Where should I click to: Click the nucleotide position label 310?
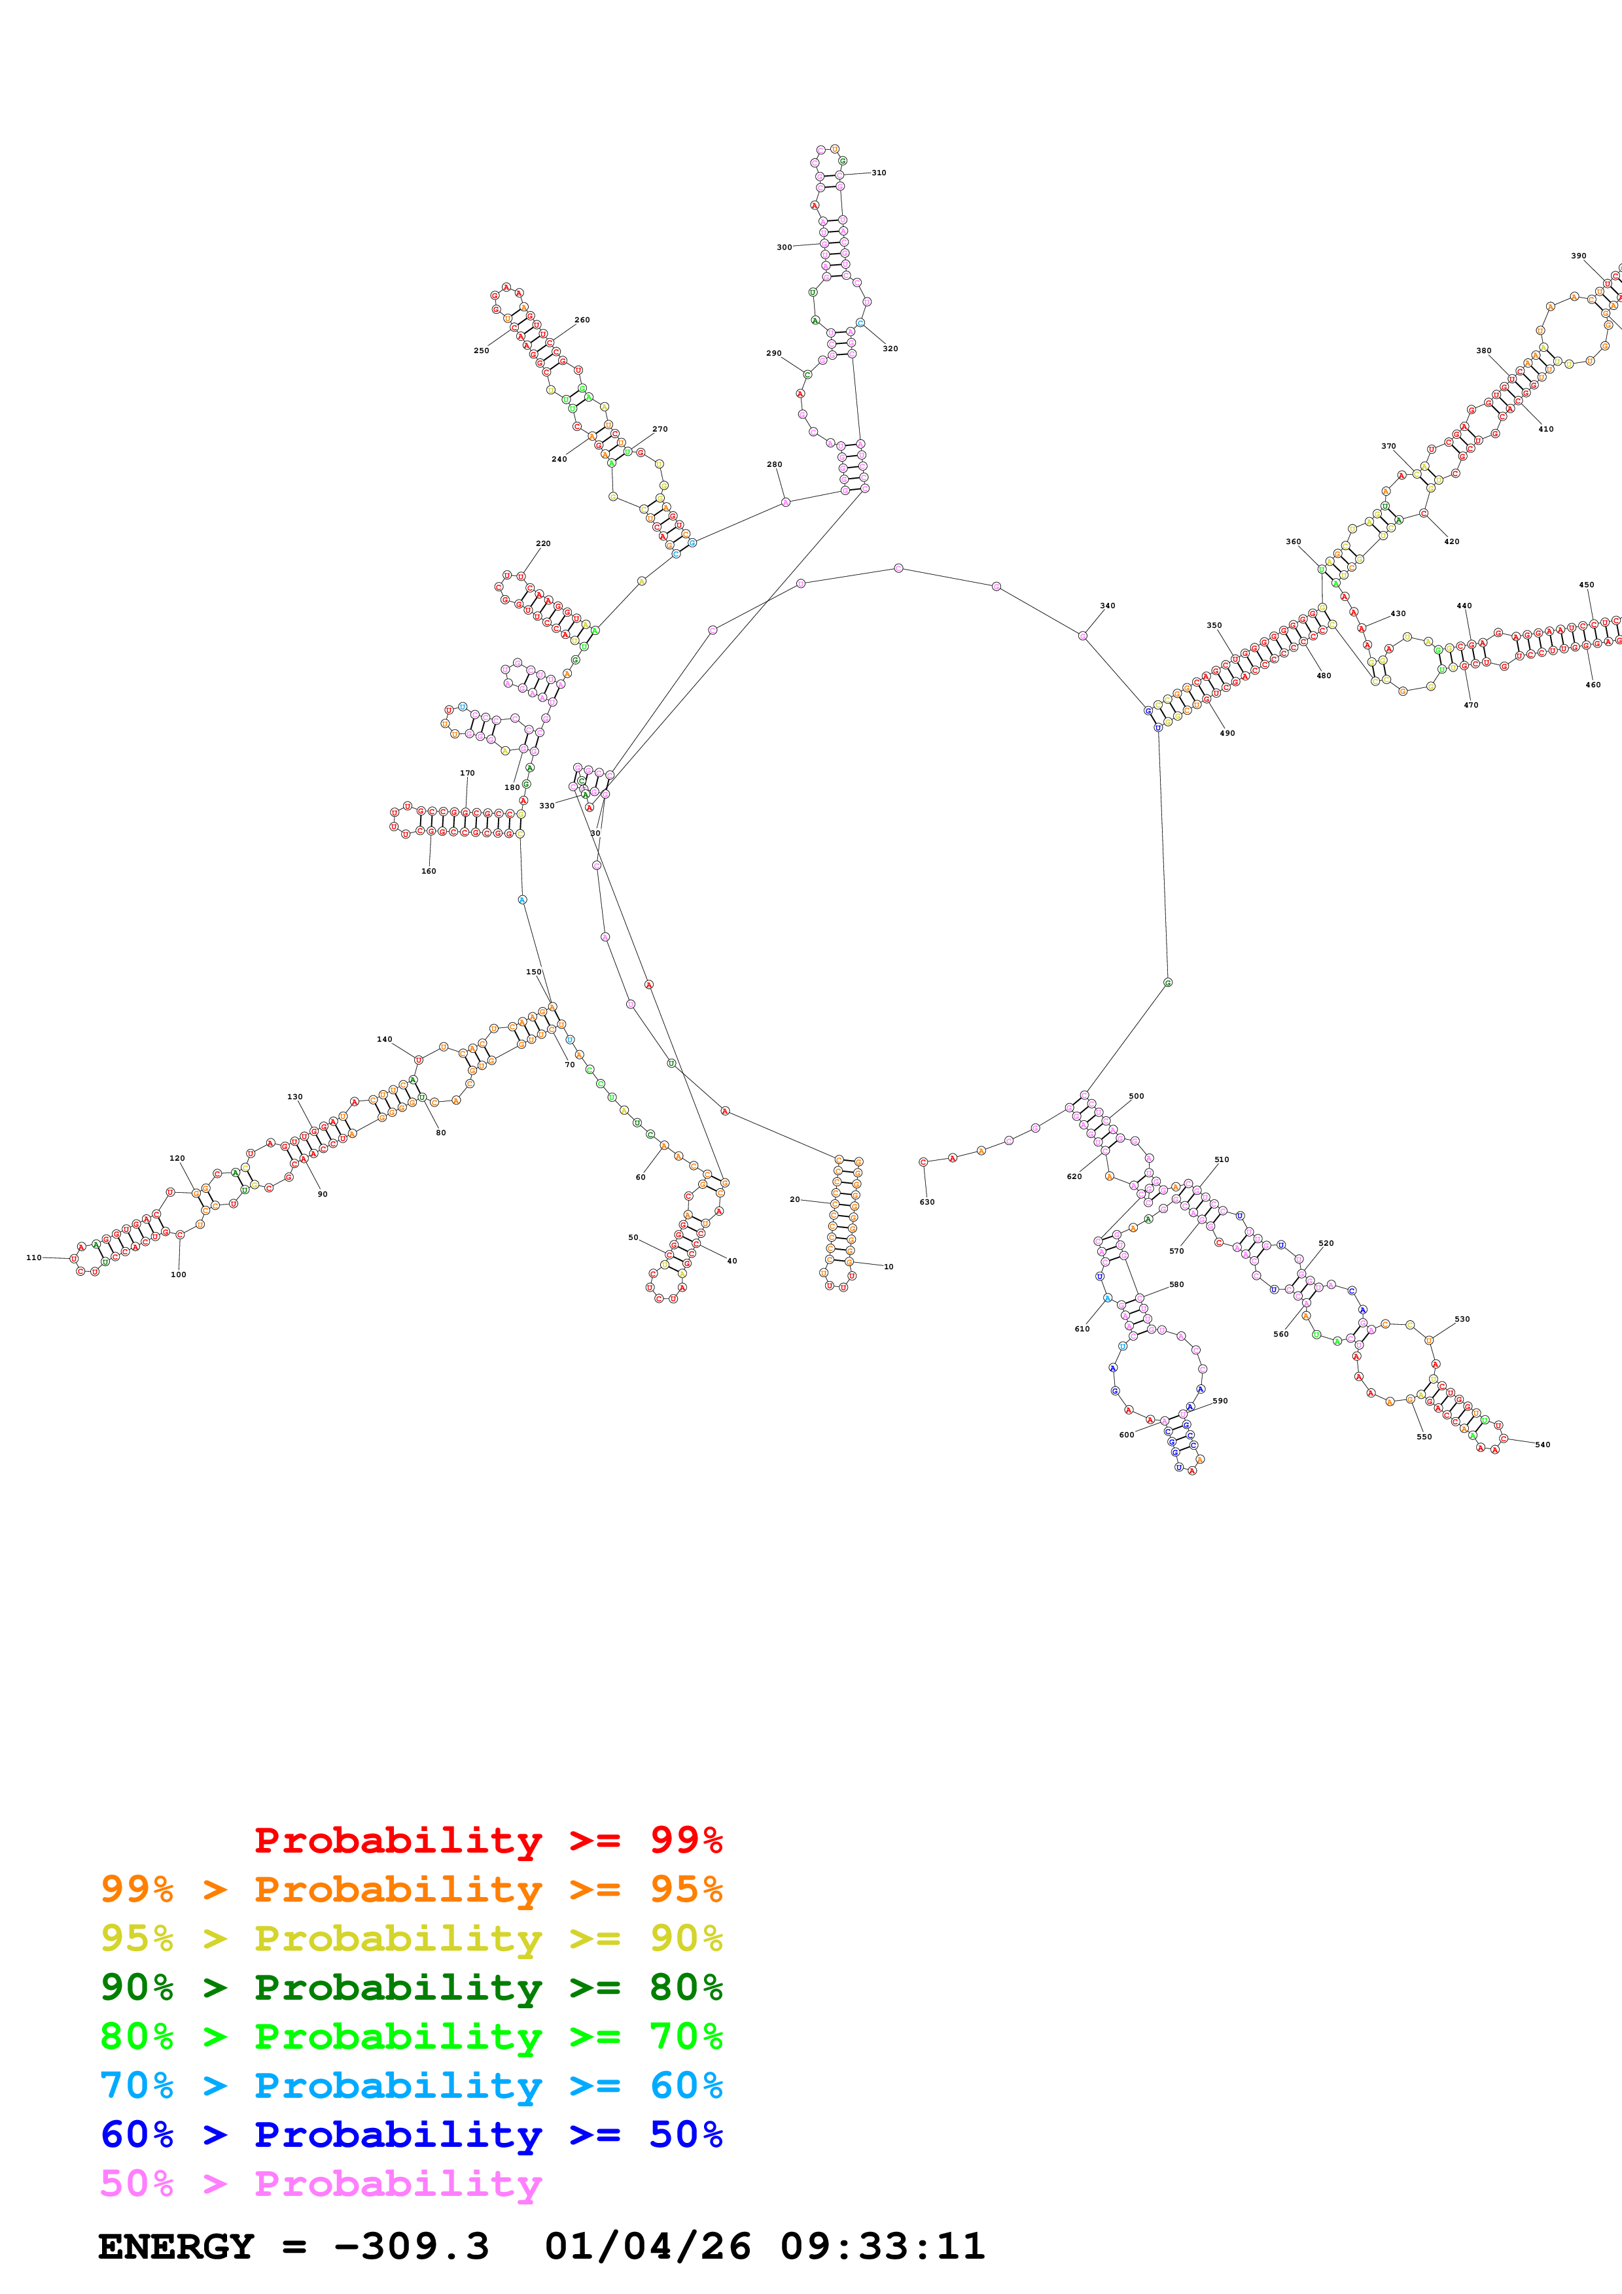click(x=879, y=173)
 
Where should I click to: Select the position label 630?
click(x=926, y=1202)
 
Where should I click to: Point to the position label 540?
click(x=1542, y=1445)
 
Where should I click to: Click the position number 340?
click(x=1107, y=606)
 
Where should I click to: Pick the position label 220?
click(x=542, y=543)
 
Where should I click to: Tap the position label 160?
click(x=428, y=871)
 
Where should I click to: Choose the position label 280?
click(x=775, y=464)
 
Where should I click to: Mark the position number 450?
click(x=1586, y=585)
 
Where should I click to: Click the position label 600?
click(x=1126, y=1435)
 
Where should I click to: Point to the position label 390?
click(x=1578, y=256)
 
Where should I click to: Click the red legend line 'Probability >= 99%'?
click(x=487, y=1840)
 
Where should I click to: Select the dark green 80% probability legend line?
click(x=412, y=1987)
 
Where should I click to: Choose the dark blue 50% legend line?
click(x=412, y=2134)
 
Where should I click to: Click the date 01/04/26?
click(x=648, y=2246)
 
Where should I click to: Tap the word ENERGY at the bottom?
click(x=176, y=2246)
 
